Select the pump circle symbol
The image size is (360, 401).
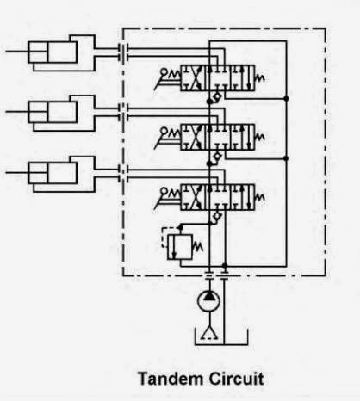[x=209, y=301]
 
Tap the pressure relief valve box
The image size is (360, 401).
[x=180, y=247]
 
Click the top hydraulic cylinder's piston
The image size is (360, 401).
[x=38, y=52]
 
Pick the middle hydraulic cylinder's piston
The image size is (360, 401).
[x=38, y=112]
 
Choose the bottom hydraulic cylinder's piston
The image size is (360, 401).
[x=38, y=173]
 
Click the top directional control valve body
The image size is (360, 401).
[x=217, y=78]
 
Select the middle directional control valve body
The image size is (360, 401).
[x=217, y=137]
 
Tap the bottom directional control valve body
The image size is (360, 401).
[x=217, y=197]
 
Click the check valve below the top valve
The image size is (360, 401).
[x=218, y=97]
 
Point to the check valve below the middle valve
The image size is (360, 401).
[x=218, y=157]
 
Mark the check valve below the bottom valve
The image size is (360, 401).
[x=218, y=216]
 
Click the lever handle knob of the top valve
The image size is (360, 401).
[x=164, y=71]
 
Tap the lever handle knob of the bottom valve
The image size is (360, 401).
[x=164, y=191]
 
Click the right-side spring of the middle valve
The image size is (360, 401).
[x=260, y=137]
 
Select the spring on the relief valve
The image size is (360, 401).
[x=197, y=246]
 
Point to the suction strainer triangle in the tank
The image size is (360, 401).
[x=209, y=333]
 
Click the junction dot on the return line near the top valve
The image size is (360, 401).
[x=286, y=98]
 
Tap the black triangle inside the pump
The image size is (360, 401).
[x=209, y=295]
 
